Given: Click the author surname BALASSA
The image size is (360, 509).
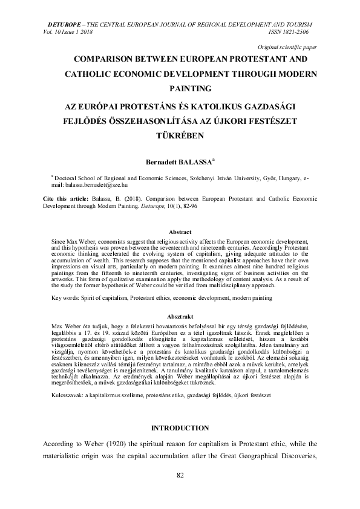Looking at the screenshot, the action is click(x=189, y=162).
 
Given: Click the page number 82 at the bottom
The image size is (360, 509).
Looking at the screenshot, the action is click(x=180, y=475).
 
